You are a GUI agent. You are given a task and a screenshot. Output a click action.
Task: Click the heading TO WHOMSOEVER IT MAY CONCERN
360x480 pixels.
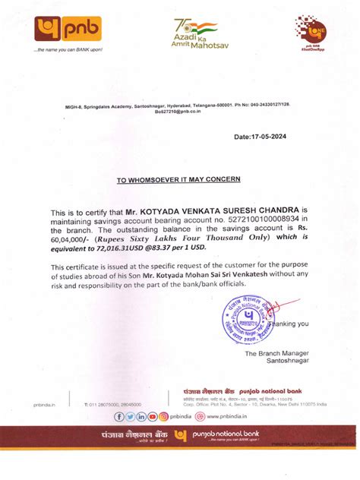tap(178, 179)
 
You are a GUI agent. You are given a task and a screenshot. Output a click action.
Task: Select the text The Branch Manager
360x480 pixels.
tap(276, 353)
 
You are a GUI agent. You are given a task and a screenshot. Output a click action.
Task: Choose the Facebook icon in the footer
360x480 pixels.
tap(119, 416)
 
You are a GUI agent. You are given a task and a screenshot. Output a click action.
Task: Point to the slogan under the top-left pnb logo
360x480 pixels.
tap(68, 50)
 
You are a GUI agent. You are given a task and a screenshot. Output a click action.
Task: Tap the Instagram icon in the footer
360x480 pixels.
tap(153, 416)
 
